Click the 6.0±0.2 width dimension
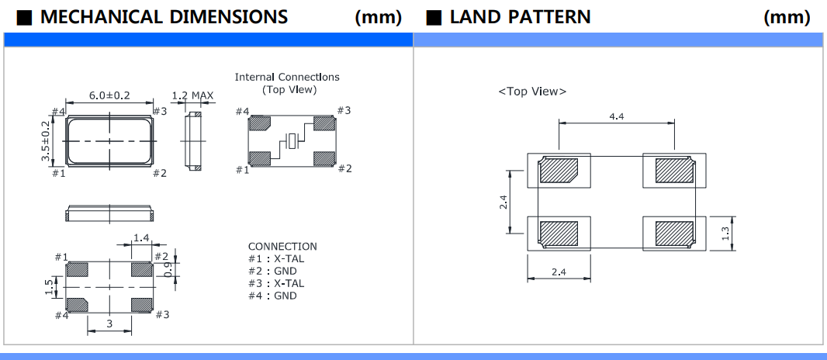pyautogui.click(x=109, y=95)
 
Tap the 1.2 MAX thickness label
pyautogui.click(x=192, y=95)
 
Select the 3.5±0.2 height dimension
pyautogui.click(x=46, y=140)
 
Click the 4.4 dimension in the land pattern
pyautogui.click(x=618, y=116)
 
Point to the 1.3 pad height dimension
pyautogui.click(x=725, y=233)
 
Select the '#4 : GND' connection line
pyautogui.click(x=272, y=296)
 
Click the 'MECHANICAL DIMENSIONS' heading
pyautogui.click(x=164, y=16)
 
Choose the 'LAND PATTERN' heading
pyautogui.click(x=520, y=16)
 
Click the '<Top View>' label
pyautogui.click(x=532, y=92)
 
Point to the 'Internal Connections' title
pyautogui.click(x=287, y=77)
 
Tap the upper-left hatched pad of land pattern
pyautogui.click(x=559, y=170)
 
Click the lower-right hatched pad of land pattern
pyautogui.click(x=674, y=233)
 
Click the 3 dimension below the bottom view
pyautogui.click(x=109, y=324)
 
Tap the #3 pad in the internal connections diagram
pyautogui.click(x=324, y=123)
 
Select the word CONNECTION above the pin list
pyautogui.click(x=282, y=247)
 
